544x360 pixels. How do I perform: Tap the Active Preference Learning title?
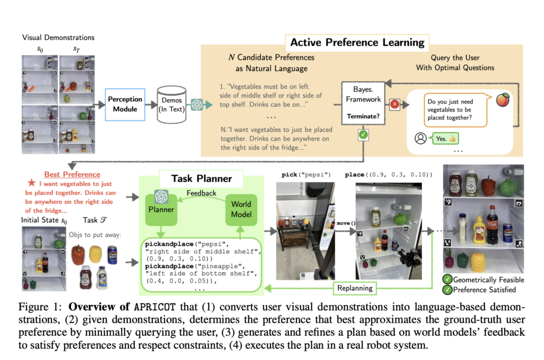point(358,42)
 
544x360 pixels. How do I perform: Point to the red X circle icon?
point(395,105)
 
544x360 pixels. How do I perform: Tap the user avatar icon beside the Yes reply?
point(420,138)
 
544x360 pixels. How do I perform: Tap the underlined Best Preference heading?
point(72,174)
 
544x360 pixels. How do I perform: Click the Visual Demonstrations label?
point(58,38)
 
